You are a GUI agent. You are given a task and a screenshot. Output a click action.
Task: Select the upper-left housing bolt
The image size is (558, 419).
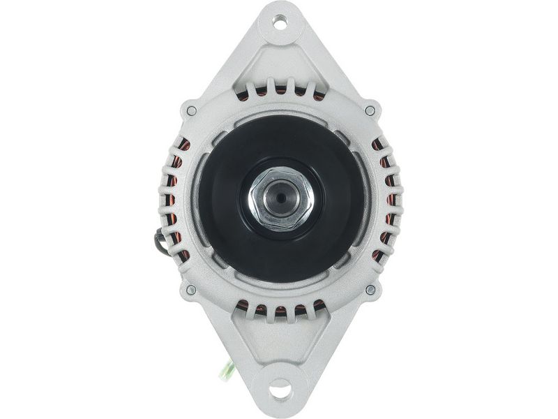[190, 110]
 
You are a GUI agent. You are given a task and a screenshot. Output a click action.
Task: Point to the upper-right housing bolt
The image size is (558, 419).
[370, 110]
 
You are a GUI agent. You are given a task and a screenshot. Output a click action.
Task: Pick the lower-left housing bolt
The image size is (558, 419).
[190, 289]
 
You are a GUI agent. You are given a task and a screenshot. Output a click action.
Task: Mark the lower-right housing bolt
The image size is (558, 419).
[370, 289]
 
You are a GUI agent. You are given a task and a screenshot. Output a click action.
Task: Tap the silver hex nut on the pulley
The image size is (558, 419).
[280, 198]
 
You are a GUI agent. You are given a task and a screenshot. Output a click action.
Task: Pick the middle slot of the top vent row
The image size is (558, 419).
[280, 89]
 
